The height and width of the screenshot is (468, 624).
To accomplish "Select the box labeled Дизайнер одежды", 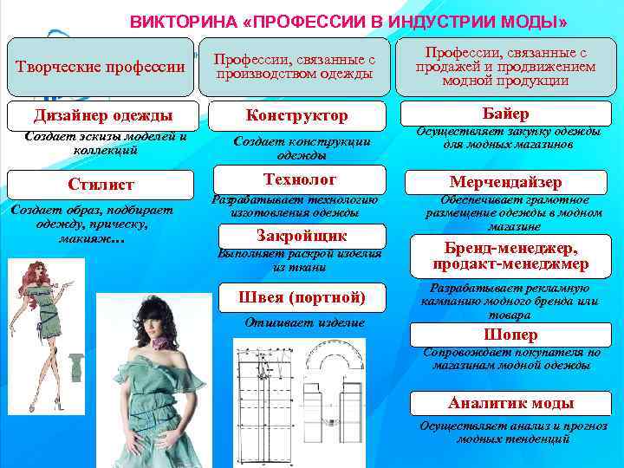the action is (102, 115).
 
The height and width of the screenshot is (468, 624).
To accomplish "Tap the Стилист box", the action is (102, 185).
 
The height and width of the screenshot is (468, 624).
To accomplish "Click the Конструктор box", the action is (297, 115).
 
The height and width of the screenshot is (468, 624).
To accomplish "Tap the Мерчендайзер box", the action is (506, 182).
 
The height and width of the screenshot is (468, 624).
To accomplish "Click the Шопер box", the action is (510, 335).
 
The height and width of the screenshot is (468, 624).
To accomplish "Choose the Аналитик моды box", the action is (510, 403).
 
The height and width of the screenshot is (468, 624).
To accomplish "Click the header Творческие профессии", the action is (101, 67).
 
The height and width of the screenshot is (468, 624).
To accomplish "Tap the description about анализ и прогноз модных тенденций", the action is (507, 432).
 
